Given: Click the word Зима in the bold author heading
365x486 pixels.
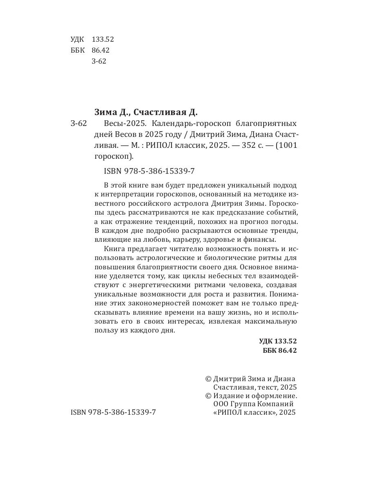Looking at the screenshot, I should [105, 112].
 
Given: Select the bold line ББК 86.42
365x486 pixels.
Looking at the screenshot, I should [279, 351].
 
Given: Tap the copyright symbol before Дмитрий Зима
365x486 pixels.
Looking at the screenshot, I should [208, 379].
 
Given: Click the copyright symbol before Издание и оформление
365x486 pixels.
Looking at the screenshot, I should [208, 396].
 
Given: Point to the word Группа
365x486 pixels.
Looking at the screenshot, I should [246, 404].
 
